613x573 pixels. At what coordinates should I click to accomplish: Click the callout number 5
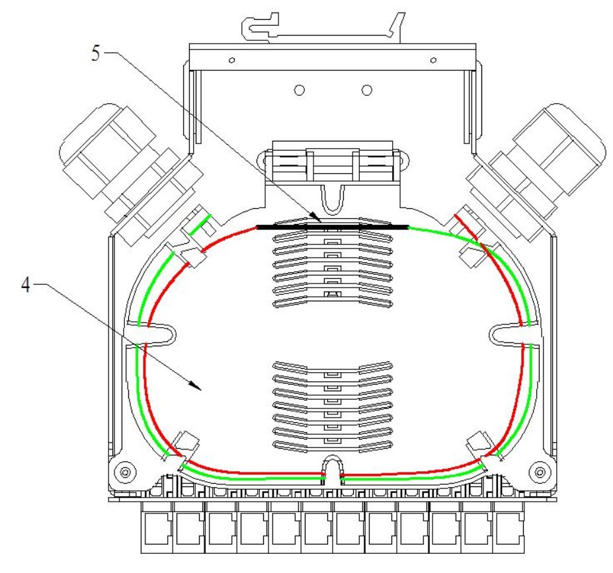tap(96, 53)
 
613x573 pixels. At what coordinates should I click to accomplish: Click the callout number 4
tap(26, 285)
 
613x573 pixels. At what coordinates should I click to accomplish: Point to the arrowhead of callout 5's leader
tap(315, 217)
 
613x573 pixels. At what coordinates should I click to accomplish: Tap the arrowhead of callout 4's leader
tap(196, 385)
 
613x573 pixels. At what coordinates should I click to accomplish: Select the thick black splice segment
tap(333, 227)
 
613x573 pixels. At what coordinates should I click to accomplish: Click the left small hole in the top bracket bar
tap(232, 60)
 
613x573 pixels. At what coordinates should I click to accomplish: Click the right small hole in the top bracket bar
tap(433, 60)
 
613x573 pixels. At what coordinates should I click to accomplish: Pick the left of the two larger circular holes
tap(300, 91)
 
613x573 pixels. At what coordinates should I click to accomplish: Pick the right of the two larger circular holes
tap(367, 91)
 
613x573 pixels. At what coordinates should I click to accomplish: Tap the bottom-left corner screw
tap(125, 473)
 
